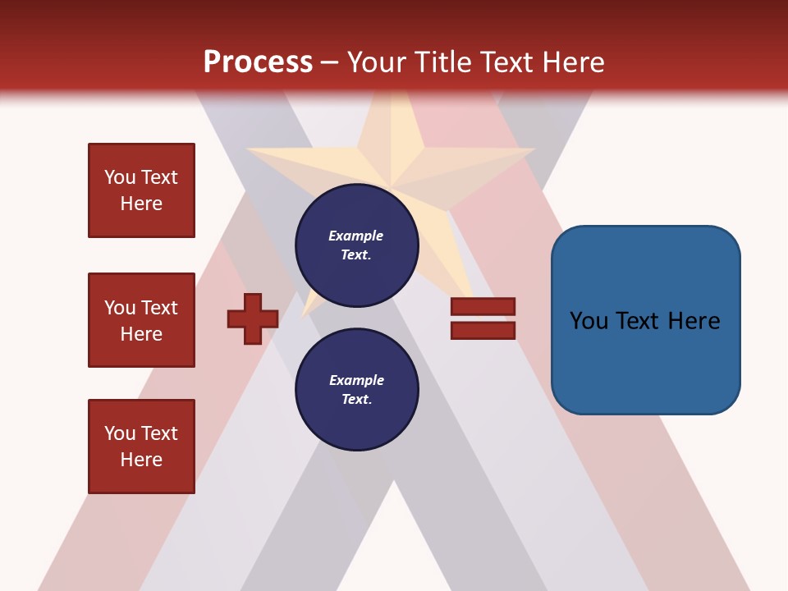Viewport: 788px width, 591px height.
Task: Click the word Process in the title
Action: (258, 62)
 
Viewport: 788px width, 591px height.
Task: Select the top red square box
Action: (141, 190)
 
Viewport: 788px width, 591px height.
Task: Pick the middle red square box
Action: (141, 320)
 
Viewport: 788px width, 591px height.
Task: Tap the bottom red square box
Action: (141, 447)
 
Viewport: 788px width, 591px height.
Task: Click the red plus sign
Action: (253, 318)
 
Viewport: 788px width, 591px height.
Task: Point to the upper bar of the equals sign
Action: (483, 306)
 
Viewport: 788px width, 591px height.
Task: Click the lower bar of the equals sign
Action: (483, 330)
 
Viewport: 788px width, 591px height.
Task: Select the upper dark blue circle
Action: (357, 245)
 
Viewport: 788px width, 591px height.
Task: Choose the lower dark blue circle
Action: (357, 390)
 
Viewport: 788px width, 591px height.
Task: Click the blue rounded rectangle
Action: (645, 320)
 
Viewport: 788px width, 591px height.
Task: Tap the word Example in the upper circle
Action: (355, 236)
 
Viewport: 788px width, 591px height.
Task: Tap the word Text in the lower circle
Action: (355, 400)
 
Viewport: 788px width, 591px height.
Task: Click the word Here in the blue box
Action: (694, 321)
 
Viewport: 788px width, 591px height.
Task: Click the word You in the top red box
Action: (119, 177)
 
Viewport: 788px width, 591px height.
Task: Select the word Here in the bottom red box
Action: (141, 460)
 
